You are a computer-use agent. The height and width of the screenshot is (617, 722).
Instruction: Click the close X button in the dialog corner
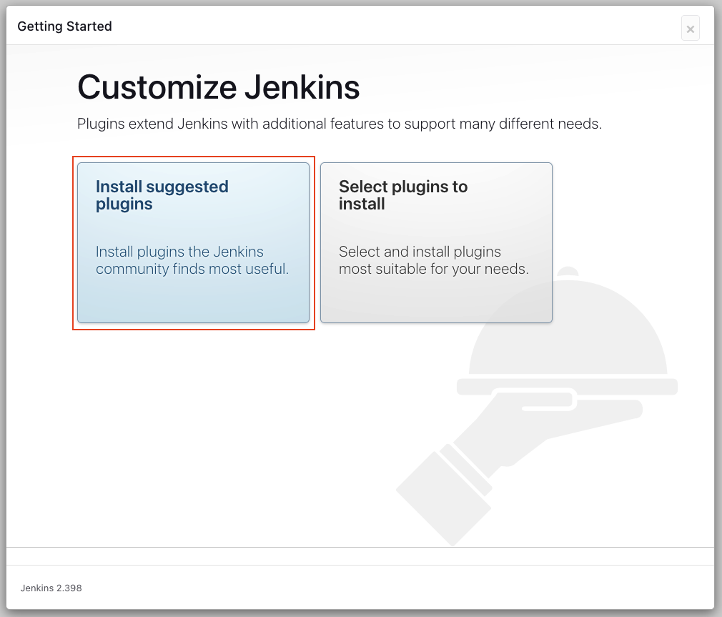[690, 29]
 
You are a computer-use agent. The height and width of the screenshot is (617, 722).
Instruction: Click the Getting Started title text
[64, 26]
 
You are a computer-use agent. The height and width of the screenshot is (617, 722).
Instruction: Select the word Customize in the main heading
[157, 88]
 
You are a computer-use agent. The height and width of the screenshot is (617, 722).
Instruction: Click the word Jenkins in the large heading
[302, 88]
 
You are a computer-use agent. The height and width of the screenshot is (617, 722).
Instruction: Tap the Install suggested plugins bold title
[162, 195]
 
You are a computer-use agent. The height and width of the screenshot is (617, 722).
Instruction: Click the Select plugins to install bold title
[402, 195]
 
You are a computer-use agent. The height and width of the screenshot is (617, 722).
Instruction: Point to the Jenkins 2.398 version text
[51, 588]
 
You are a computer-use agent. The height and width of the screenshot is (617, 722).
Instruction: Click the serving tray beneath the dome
[567, 387]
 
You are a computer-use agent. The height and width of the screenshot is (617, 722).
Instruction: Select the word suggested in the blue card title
[187, 187]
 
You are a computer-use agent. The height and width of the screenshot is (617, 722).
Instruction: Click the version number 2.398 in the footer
[69, 588]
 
